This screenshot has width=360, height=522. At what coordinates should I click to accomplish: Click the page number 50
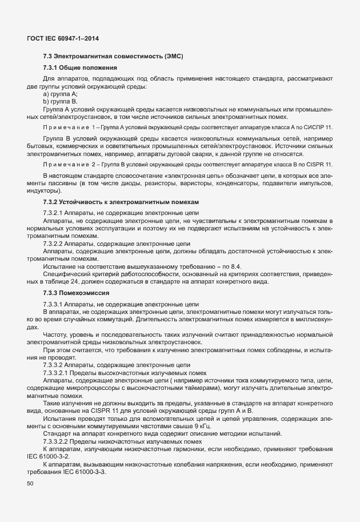(x=30, y=484)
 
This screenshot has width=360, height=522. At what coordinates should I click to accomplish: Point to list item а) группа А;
(x=60, y=93)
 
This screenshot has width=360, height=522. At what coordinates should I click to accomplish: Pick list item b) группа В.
(x=59, y=100)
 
